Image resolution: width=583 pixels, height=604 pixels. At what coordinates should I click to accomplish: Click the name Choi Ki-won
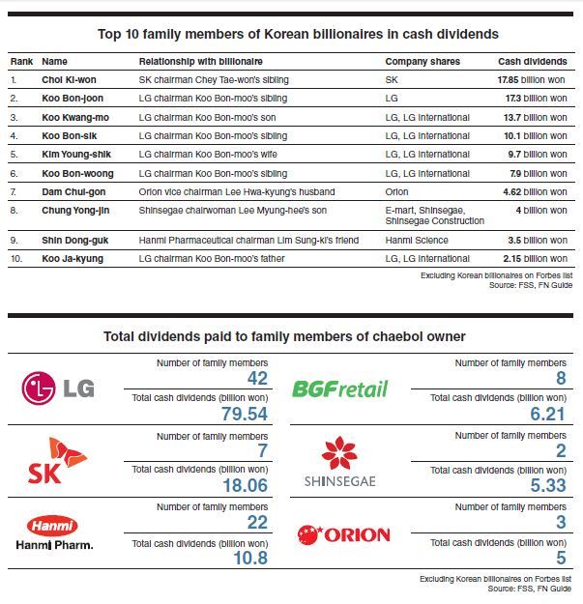pos(69,80)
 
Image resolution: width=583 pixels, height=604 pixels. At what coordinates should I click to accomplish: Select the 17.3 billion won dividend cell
pos(536,99)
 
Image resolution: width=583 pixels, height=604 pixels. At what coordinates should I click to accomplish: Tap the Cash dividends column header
pos(533,62)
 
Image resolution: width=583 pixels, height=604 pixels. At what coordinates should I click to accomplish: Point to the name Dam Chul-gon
pos(73,192)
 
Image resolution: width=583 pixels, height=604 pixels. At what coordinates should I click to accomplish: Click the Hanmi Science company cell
pos(417,241)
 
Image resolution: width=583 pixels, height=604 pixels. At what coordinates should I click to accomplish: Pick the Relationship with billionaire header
pos(201,62)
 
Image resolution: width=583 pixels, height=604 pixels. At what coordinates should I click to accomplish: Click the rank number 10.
pos(16,258)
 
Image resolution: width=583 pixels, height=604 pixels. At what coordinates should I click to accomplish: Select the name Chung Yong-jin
pos(75,211)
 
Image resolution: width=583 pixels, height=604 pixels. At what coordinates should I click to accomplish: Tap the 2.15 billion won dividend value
pos(535,258)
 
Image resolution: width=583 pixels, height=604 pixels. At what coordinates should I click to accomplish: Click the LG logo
pos(58,388)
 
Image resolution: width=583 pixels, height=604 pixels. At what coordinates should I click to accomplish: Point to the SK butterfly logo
pos(58,460)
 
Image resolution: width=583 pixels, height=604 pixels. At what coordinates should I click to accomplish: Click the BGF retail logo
pos(340,388)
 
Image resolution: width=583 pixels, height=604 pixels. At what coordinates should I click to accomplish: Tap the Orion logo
pos(344,535)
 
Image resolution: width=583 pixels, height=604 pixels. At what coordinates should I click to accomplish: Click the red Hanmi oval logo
pos(52,526)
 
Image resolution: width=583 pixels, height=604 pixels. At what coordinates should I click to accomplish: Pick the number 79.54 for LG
pos(245,414)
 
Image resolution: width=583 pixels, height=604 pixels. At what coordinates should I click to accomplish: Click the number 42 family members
pos(257,378)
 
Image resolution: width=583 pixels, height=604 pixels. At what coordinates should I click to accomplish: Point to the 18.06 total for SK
pos(245,485)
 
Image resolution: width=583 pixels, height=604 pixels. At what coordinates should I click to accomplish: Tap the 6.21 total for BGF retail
pos(547,414)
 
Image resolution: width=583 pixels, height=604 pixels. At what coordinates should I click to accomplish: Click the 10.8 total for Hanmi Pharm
pos(250,558)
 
